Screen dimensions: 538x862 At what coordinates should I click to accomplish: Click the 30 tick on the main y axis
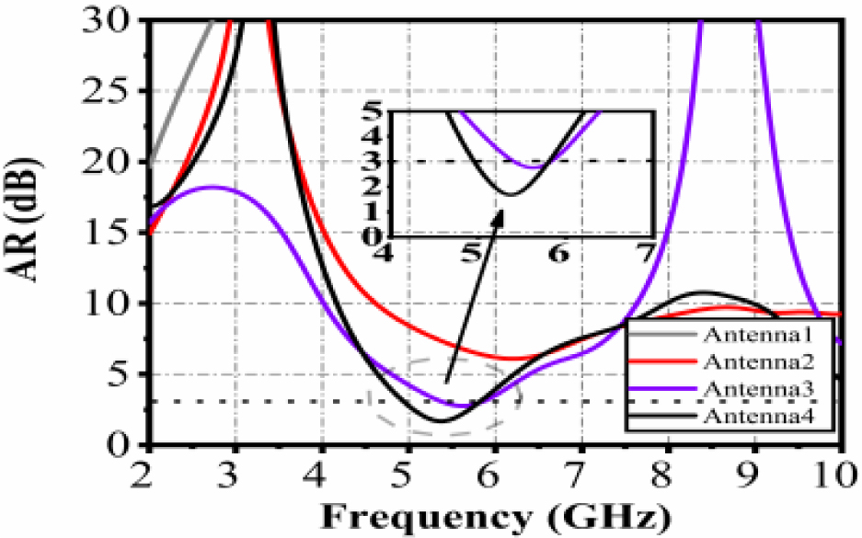tap(121, 19)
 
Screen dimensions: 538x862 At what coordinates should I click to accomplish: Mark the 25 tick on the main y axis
tap(121, 91)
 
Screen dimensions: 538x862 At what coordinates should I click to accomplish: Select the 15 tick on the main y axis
tap(121, 233)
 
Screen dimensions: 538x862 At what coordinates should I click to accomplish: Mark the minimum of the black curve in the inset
tap(509, 194)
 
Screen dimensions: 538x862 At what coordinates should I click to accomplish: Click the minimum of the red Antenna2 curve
tap(511, 358)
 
